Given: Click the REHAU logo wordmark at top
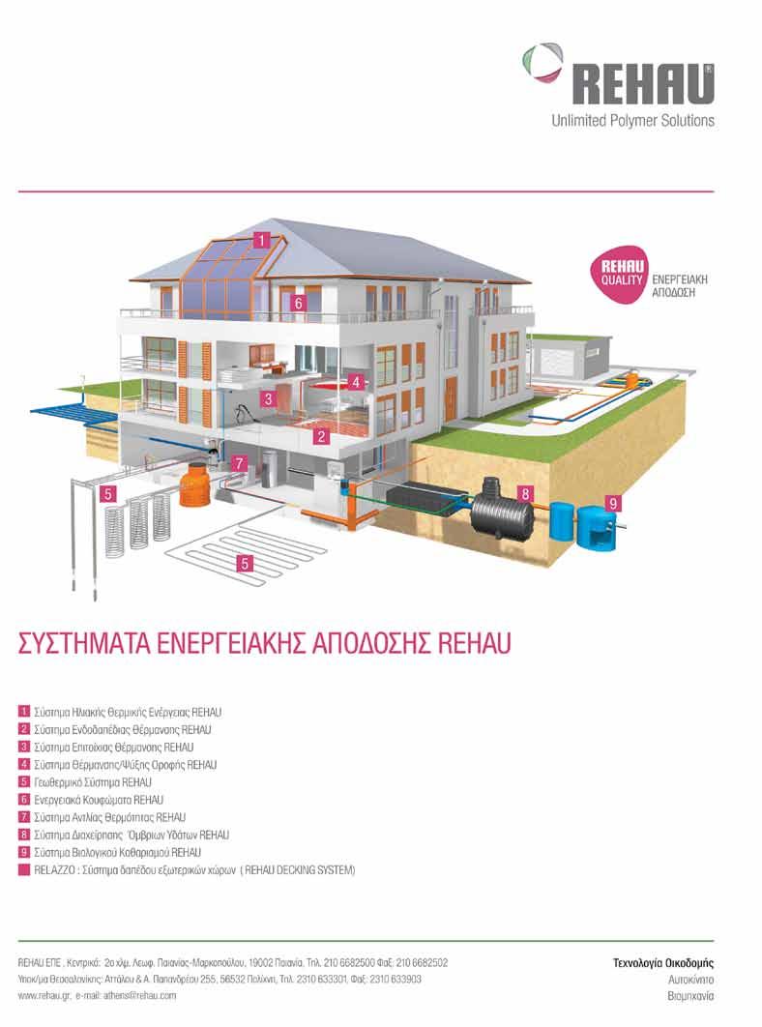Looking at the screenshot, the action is pos(643,84).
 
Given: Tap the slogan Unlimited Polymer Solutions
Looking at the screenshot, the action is pos(632,121).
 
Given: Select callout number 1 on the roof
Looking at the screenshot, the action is pos(262,241).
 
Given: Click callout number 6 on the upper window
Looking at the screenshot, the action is pos(298,303).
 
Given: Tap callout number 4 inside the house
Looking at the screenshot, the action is pos(355,381).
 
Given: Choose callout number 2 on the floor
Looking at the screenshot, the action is pos(320,435).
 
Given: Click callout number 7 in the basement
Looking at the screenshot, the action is pos(240,464).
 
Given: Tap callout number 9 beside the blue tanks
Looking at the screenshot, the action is pos(613,503).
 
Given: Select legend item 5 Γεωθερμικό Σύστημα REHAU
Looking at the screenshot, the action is pos(86,782).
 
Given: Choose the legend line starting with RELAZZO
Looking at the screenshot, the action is pos(188,869).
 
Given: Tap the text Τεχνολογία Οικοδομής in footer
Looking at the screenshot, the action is pos(663,963).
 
